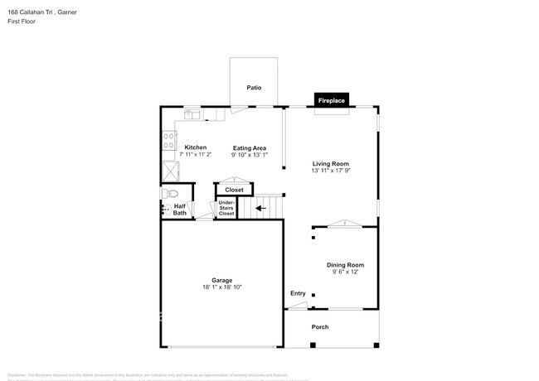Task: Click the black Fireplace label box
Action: (331, 100)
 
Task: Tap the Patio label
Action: (254, 87)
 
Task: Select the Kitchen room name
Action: (195, 147)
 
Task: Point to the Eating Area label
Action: (249, 147)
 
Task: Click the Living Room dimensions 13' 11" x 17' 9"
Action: (331, 171)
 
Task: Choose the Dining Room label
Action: (344, 263)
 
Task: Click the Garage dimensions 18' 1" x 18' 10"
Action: (221, 287)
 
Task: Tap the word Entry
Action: (298, 294)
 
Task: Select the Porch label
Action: (320, 327)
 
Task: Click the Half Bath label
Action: (180, 210)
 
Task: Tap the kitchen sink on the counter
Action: (192, 113)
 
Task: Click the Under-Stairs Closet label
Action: (226, 208)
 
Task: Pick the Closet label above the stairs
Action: (235, 190)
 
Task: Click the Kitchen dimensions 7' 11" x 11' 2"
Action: (195, 155)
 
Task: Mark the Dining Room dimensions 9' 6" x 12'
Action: (344, 271)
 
